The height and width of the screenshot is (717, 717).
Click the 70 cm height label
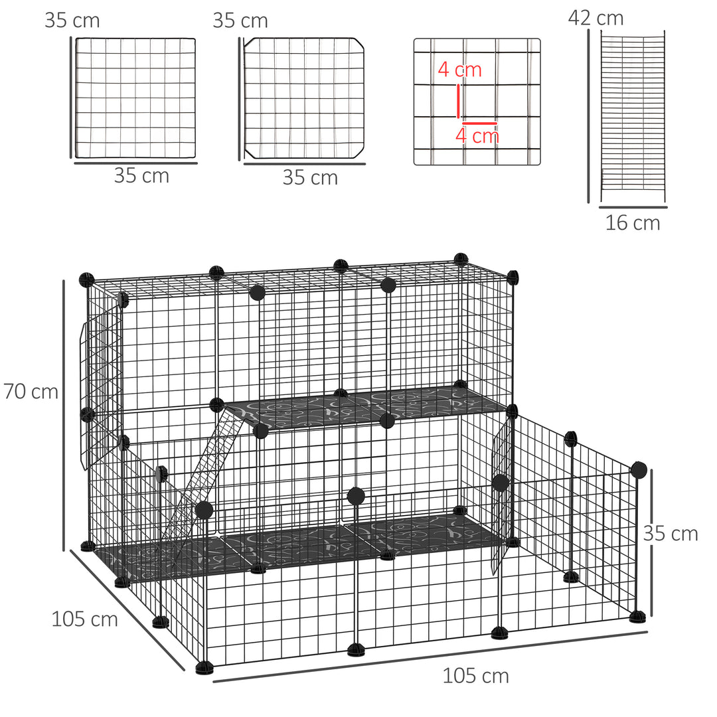pos(31,392)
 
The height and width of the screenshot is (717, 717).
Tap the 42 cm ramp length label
pos(596,18)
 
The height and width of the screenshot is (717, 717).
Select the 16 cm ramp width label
pos(632,223)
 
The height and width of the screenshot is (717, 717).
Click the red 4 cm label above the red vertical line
pos(459,70)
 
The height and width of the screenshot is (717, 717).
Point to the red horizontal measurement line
pos(479,123)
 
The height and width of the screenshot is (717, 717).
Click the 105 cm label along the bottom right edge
pos(475,676)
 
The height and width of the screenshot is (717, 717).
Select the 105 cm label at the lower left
pos(84,619)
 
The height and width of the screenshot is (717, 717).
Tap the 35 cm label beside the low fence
pos(671,533)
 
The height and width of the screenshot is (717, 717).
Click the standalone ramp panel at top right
pos(633,116)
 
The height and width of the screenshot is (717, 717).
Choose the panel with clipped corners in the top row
pos(305,98)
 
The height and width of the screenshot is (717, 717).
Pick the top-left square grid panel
pos(135,98)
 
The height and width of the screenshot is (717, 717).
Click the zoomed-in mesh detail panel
pos(477,102)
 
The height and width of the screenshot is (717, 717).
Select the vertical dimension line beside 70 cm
pos(64,415)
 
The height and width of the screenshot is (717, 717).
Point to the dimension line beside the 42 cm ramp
pos(588,116)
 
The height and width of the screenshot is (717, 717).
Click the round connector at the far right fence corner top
pos(639,470)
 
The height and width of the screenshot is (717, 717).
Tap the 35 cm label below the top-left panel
pos(141,176)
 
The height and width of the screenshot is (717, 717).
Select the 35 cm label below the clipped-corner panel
pos(310,178)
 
